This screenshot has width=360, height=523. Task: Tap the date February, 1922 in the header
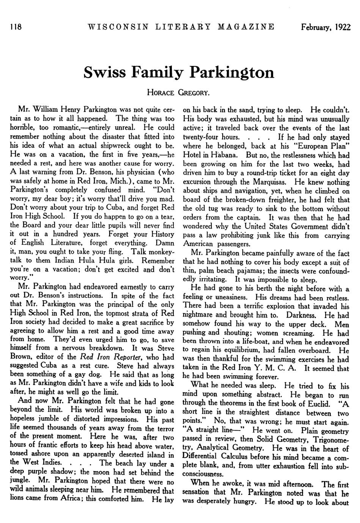(x=325, y=27)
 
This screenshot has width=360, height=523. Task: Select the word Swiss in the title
(x=102, y=72)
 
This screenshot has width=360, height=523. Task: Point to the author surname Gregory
(x=194, y=92)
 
